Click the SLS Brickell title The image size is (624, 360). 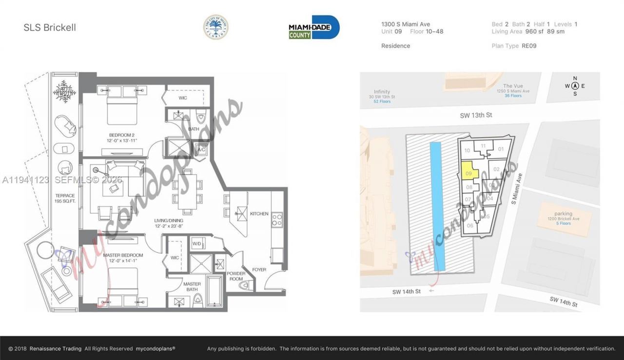(x=50, y=28)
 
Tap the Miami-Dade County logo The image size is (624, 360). (x=314, y=27)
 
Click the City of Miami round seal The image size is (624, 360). (x=215, y=27)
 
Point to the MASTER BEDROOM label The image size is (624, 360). (x=123, y=255)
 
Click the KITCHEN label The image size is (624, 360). (x=259, y=214)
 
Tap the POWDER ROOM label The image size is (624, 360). (x=236, y=276)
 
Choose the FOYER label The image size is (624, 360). (x=259, y=269)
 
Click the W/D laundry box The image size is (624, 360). (x=197, y=243)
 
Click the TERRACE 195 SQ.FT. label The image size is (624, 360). (x=65, y=198)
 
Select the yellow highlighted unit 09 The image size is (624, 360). (x=468, y=172)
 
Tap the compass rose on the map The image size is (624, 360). (x=575, y=86)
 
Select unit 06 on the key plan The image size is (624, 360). (x=470, y=225)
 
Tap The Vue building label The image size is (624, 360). (x=513, y=86)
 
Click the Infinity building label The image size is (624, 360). (x=382, y=92)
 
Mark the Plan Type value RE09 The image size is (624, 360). (x=528, y=46)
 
